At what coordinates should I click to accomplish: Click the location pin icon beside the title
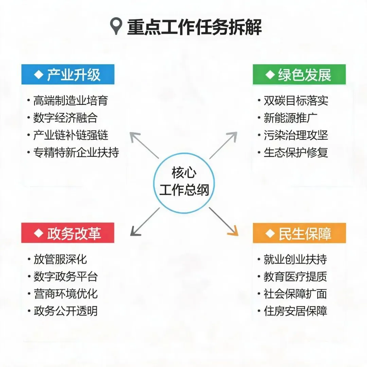tap(116, 26)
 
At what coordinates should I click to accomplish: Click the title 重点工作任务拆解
tap(194, 27)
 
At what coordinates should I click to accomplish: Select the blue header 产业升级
tap(68, 74)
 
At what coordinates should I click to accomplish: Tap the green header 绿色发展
tap(299, 74)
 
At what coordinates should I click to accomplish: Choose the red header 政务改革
tap(68, 233)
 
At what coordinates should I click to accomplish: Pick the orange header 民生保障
tap(299, 233)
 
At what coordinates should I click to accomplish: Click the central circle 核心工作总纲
tap(184, 183)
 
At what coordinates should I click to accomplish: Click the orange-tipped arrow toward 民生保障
tap(224, 222)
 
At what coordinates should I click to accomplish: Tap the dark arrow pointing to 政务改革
tap(145, 222)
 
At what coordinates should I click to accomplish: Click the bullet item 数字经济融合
tap(65, 118)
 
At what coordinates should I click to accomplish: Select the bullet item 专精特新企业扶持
tap(76, 152)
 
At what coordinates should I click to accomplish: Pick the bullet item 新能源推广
tap(291, 118)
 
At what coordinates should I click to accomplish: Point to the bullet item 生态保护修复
tap(296, 152)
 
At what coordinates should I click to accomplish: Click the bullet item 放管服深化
tap(60, 259)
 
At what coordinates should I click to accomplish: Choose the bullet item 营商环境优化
tap(66, 294)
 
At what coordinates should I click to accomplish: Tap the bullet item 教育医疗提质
tap(295, 277)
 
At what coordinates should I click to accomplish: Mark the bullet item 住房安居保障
tap(295, 311)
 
